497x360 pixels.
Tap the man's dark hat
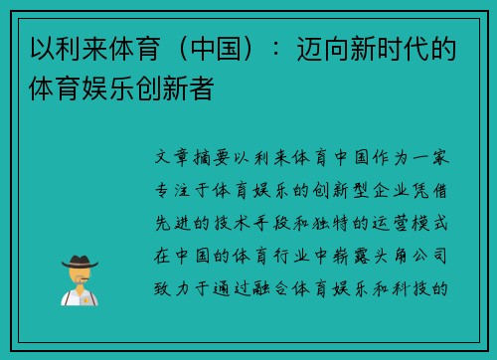coord(79,261)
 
